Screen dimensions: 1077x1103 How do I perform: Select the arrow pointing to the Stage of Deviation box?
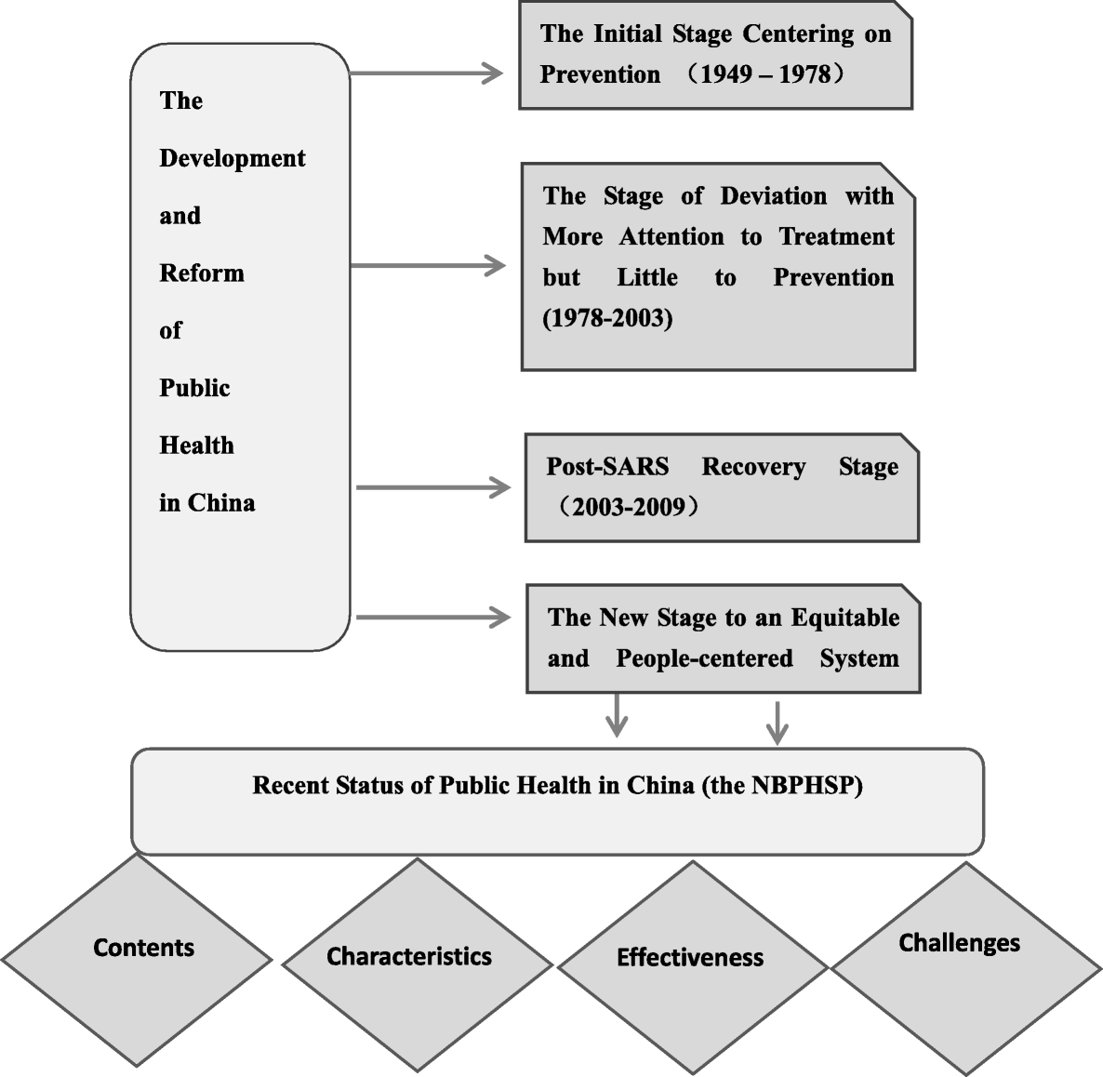[428, 266]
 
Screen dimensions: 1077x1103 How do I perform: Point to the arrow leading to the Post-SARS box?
[432, 487]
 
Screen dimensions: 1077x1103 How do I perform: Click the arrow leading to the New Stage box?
[432, 618]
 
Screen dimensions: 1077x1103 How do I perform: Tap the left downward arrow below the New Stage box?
[617, 717]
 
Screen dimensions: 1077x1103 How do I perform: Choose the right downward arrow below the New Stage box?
[777, 722]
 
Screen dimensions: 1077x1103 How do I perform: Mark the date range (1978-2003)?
[607, 319]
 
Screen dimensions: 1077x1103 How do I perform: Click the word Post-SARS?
[606, 467]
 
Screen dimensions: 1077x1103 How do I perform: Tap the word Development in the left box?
[232, 159]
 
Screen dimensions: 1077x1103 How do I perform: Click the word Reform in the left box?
[202, 273]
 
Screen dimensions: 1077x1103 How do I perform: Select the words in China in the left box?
[206, 503]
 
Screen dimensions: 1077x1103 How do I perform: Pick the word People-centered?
[704, 659]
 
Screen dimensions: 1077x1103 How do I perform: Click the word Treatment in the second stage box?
[836, 237]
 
